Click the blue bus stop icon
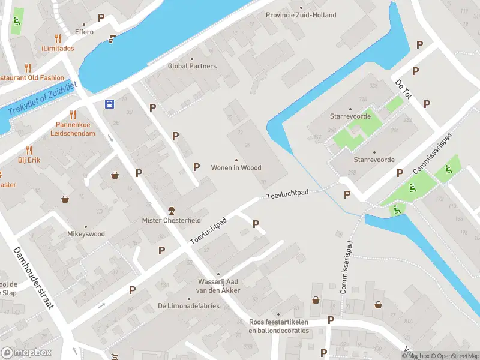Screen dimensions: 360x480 pyautogui.click(x=110, y=104)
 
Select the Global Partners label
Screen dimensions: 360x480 pyautogui.click(x=192, y=66)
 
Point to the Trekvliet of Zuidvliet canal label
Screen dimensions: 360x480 pyautogui.click(x=42, y=99)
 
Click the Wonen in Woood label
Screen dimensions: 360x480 pyautogui.click(x=236, y=167)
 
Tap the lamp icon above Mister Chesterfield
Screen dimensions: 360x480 pyautogui.click(x=172, y=210)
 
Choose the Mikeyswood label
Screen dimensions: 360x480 pyautogui.click(x=86, y=234)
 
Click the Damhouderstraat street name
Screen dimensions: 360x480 pyautogui.click(x=34, y=278)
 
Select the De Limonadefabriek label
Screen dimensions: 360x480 pyautogui.click(x=188, y=306)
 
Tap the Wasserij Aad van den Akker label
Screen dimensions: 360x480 pyautogui.click(x=220, y=286)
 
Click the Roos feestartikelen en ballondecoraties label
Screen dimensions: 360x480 pyautogui.click(x=278, y=326)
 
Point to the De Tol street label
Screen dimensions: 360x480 pyautogui.click(x=403, y=89)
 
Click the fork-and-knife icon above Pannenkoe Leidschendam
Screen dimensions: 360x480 pyautogui.click(x=73, y=114)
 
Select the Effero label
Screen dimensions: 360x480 pyautogui.click(x=84, y=32)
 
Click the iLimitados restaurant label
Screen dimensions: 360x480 pyautogui.click(x=58, y=48)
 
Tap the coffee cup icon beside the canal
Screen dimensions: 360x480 pyautogui.click(x=112, y=40)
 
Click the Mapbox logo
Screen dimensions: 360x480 pyautogui.click(x=26, y=352)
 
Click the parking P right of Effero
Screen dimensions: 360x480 pyautogui.click(x=101, y=18)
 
